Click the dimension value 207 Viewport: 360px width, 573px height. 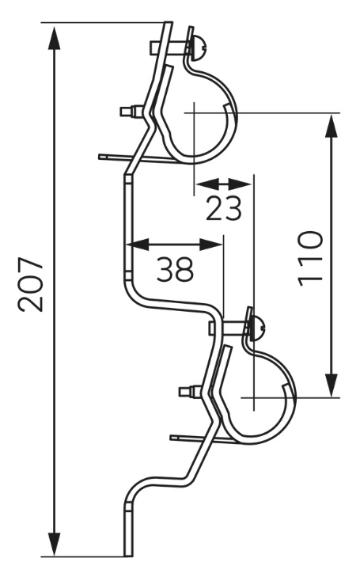[x=31, y=285]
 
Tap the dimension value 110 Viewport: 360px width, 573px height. [x=311, y=259]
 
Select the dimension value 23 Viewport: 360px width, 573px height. [x=224, y=208]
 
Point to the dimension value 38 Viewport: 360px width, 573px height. [x=175, y=268]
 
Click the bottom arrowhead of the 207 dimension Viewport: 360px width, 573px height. [x=55, y=544]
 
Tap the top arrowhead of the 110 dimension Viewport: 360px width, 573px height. [x=332, y=126]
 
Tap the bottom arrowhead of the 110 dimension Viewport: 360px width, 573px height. [x=332, y=385]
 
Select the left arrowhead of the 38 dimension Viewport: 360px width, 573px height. [x=138, y=245]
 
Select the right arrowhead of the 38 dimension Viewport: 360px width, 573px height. [x=211, y=245]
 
